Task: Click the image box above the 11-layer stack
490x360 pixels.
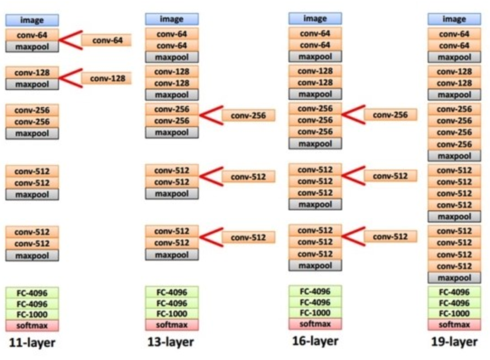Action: [32, 20]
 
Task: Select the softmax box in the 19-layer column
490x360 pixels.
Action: [454, 325]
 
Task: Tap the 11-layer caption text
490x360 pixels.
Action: [32, 343]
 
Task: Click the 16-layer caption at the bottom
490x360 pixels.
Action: [315, 341]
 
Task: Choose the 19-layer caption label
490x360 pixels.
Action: [454, 342]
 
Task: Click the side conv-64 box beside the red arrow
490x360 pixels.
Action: [107, 40]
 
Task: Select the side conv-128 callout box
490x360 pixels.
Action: [107, 78]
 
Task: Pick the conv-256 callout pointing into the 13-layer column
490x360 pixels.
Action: [248, 115]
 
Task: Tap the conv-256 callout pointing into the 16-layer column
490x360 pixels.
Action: [390, 115]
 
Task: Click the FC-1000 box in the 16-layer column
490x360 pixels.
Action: [315, 313]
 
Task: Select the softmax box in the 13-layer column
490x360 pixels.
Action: [172, 325]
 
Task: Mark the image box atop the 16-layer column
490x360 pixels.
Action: [315, 19]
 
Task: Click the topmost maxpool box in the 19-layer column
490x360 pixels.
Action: [454, 57]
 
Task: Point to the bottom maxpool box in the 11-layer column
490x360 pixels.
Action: [32, 256]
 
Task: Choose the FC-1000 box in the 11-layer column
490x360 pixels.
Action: [32, 314]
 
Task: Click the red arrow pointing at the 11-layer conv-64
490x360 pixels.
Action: [70, 40]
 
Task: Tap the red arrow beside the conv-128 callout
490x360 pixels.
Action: [70, 78]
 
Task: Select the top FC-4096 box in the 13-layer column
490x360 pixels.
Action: [172, 292]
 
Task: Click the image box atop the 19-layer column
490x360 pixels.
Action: [454, 19]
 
